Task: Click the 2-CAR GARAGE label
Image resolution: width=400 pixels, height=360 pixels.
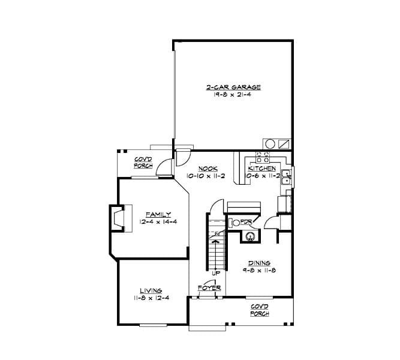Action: pyautogui.click(x=233, y=88)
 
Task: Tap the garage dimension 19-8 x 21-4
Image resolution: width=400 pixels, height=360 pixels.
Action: pyautogui.click(x=233, y=96)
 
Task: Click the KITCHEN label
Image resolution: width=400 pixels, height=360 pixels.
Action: pyautogui.click(x=262, y=169)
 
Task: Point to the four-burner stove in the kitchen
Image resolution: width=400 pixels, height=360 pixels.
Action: pyautogui.click(x=263, y=157)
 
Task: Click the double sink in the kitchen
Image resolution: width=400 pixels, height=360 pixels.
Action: pyautogui.click(x=287, y=177)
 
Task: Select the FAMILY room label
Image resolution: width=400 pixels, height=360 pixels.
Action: pyautogui.click(x=158, y=214)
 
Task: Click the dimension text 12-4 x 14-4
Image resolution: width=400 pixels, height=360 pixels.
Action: pyautogui.click(x=158, y=222)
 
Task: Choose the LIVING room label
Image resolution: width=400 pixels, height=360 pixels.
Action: pyautogui.click(x=151, y=290)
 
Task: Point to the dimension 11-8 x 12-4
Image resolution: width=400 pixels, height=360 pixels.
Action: pyautogui.click(x=151, y=298)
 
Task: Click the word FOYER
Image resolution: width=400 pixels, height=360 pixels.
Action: pyautogui.click(x=209, y=288)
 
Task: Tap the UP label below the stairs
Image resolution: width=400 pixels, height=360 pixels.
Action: pyautogui.click(x=216, y=274)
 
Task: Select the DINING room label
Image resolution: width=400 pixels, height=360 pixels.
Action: pyautogui.click(x=259, y=263)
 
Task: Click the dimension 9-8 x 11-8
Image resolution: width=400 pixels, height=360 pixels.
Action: pyautogui.click(x=259, y=271)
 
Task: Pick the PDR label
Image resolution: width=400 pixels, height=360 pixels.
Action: pyautogui.click(x=246, y=221)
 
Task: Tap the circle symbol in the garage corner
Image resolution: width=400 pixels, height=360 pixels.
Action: pyautogui.click(x=269, y=144)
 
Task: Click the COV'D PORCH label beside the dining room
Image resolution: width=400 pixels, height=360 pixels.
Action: pyautogui.click(x=260, y=310)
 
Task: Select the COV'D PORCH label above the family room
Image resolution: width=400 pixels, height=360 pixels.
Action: pyautogui.click(x=143, y=162)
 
